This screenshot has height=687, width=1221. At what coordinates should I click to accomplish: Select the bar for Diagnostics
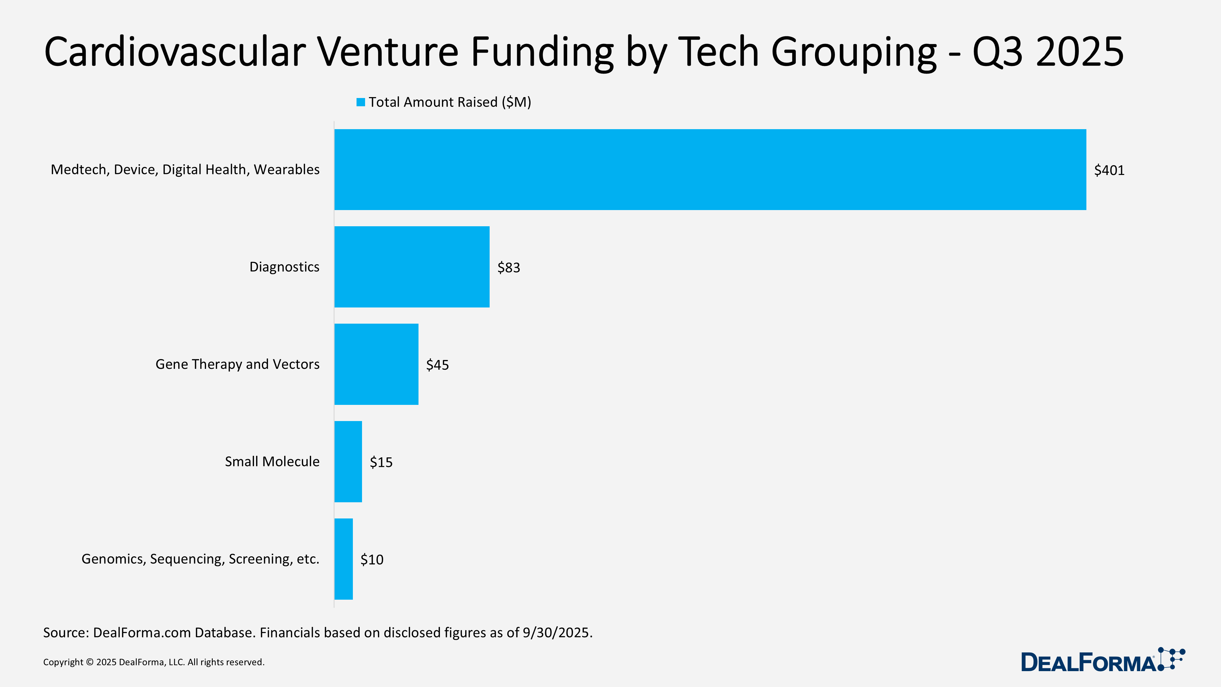click(x=412, y=267)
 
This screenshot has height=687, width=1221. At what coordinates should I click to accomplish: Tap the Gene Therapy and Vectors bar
click(x=376, y=364)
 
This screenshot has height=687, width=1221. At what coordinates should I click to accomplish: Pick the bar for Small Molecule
click(x=348, y=461)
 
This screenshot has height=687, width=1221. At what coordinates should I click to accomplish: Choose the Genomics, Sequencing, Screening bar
click(x=344, y=559)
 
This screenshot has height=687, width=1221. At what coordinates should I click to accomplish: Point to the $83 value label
click(x=508, y=268)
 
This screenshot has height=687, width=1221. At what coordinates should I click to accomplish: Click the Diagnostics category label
click(x=284, y=267)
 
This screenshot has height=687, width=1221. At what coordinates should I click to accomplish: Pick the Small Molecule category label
click(x=272, y=461)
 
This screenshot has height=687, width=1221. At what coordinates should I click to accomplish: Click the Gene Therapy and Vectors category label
click(x=237, y=364)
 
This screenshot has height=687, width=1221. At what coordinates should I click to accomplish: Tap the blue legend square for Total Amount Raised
click(x=361, y=102)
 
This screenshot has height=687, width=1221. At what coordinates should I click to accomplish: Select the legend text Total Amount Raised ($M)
click(x=450, y=102)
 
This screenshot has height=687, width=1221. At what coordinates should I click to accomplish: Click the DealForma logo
click(x=1102, y=660)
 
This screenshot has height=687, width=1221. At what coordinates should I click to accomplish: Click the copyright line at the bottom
click(x=154, y=662)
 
